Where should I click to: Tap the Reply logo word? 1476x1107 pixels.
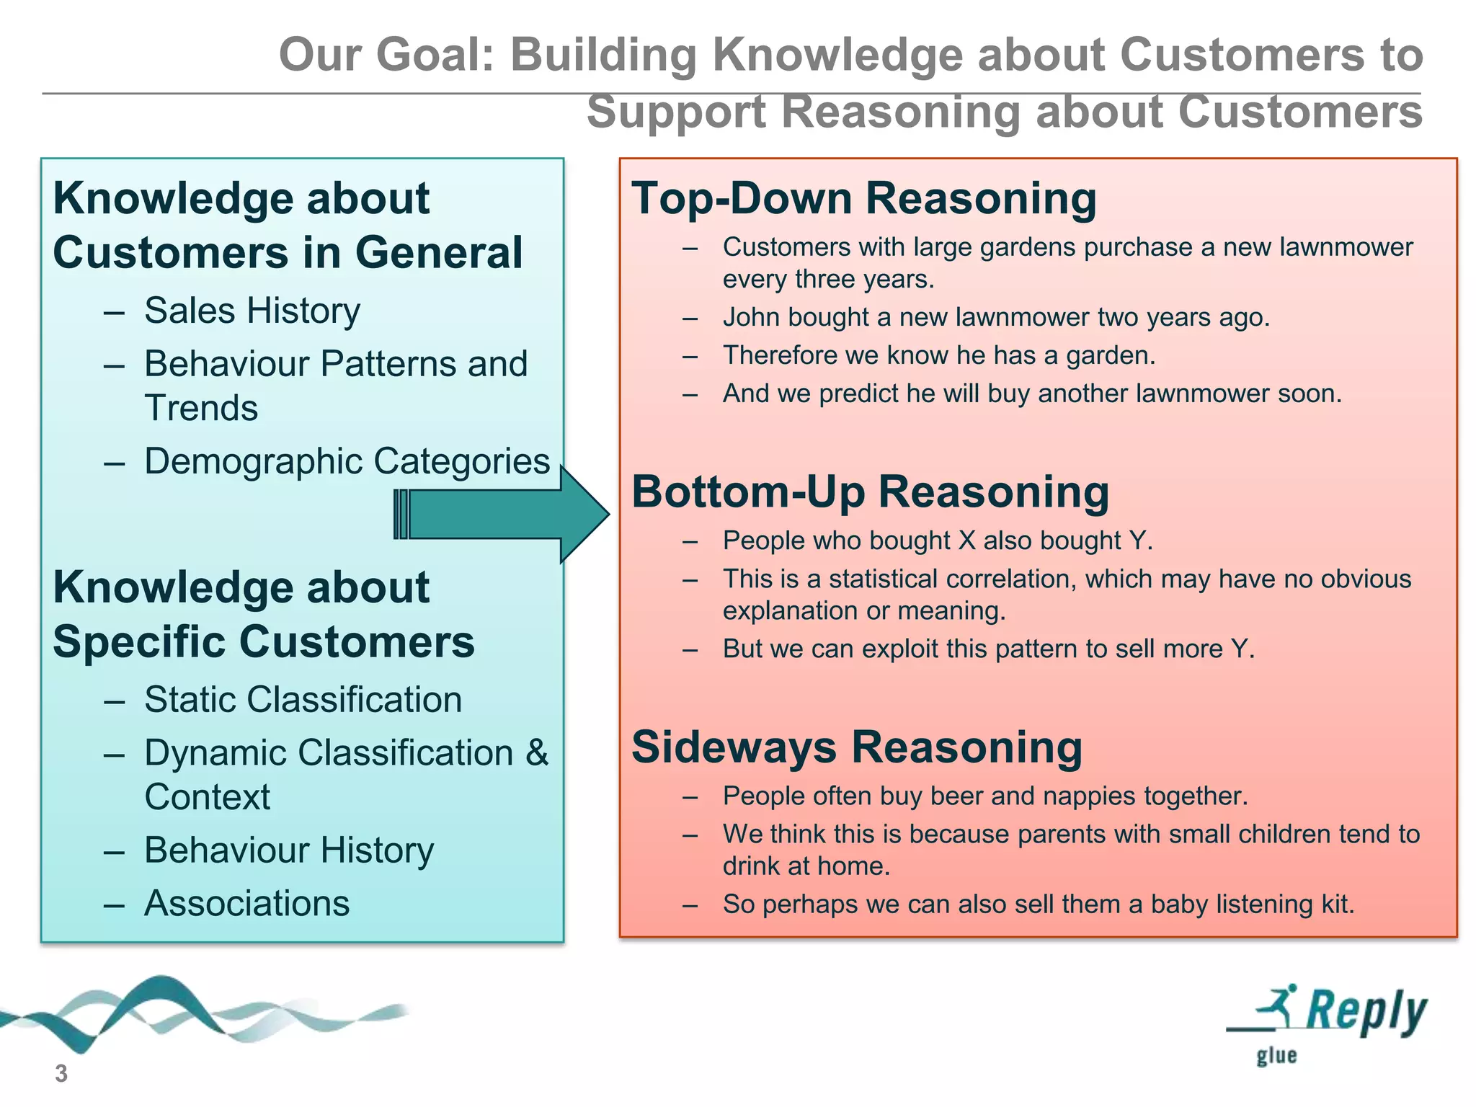[x=1366, y=1011]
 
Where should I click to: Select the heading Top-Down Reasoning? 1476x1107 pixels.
[x=863, y=198]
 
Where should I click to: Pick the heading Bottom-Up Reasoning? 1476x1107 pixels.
[x=870, y=492]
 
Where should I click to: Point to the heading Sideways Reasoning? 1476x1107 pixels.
[x=857, y=747]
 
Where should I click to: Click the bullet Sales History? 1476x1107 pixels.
[x=252, y=311]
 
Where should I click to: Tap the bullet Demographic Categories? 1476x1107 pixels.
[x=347, y=461]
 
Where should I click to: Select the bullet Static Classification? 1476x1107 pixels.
[x=303, y=700]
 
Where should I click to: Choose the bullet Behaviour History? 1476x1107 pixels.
[x=289, y=850]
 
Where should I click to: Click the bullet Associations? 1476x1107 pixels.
[x=246, y=904]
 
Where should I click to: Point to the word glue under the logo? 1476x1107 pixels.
[x=1276, y=1057]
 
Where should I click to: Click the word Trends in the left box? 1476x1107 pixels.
[x=201, y=409]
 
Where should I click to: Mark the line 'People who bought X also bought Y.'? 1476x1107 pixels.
[x=938, y=541]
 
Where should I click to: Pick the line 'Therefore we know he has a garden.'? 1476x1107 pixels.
[x=939, y=355]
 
